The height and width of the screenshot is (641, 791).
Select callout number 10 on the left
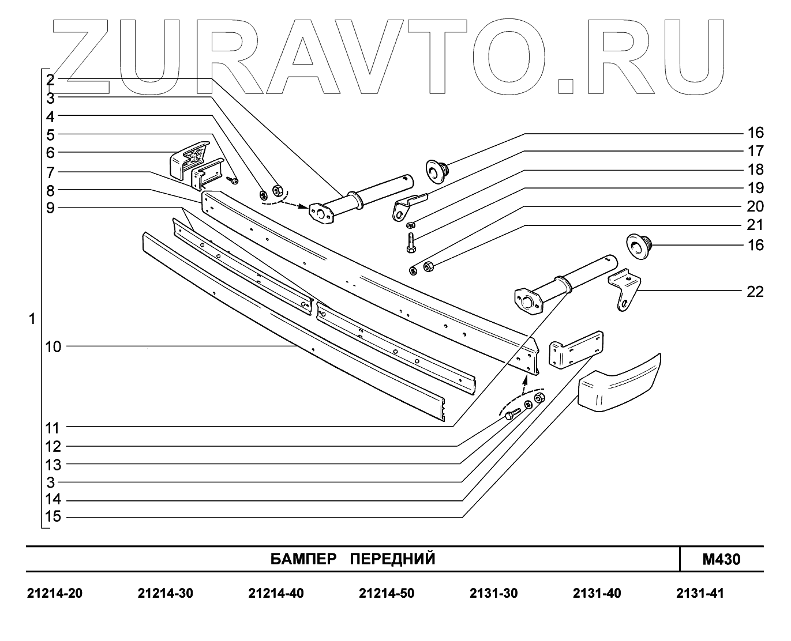53,346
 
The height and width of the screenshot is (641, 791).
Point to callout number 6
51,153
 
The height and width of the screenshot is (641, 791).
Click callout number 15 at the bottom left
53,516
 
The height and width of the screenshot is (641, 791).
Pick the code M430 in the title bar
721,559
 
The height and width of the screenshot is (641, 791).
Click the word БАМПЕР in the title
303,559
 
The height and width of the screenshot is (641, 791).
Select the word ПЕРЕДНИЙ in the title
393,559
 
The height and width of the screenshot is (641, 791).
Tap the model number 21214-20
55,593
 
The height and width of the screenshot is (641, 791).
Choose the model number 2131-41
700,593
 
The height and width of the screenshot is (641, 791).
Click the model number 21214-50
387,593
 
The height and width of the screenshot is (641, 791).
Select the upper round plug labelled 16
437,170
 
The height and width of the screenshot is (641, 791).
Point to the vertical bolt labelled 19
411,242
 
